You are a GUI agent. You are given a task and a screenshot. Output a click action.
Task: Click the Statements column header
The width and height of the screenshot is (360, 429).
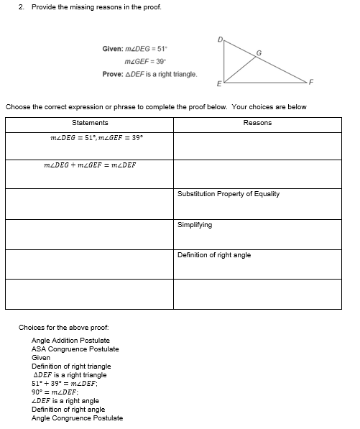(x=90, y=123)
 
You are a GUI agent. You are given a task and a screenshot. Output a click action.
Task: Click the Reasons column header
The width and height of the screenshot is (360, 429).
(x=257, y=123)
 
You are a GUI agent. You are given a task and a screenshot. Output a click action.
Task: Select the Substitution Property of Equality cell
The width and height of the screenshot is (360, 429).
(x=229, y=194)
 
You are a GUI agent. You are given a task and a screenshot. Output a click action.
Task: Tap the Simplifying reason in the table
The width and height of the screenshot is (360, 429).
(x=195, y=225)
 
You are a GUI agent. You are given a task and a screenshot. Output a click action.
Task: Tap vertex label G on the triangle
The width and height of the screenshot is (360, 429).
(x=259, y=52)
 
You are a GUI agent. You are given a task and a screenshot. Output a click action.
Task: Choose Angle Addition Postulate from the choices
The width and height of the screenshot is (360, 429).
(x=70, y=340)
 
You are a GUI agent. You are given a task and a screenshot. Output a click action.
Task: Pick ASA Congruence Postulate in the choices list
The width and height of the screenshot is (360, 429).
(x=75, y=349)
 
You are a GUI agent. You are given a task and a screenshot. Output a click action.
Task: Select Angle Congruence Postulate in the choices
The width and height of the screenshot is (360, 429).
(x=77, y=418)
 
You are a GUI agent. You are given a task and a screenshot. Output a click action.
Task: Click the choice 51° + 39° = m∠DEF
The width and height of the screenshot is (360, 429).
(x=65, y=383)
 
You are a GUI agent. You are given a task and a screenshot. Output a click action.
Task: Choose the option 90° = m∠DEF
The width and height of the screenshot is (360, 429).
(x=55, y=392)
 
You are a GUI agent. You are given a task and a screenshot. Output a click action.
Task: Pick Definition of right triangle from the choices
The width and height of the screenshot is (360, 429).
(x=71, y=366)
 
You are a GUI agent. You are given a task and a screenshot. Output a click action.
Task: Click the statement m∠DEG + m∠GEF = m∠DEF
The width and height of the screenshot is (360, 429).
(x=90, y=165)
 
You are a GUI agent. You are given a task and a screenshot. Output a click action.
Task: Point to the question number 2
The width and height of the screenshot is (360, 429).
(x=22, y=7)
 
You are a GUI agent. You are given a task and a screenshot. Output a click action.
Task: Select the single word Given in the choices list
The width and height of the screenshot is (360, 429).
(x=41, y=357)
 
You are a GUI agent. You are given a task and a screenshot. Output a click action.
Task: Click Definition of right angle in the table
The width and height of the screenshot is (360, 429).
(x=214, y=255)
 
